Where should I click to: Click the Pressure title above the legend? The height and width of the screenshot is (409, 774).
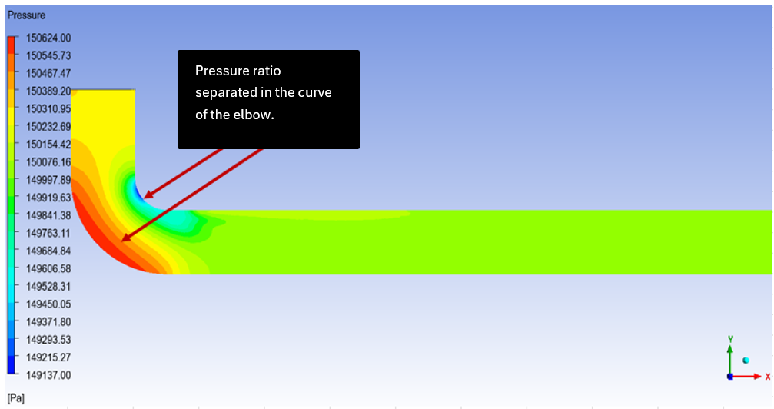(x=26, y=15)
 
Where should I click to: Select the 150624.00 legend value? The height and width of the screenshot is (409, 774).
(x=48, y=38)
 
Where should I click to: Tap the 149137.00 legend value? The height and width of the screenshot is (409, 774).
(x=48, y=375)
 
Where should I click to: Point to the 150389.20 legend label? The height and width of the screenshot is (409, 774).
(x=48, y=91)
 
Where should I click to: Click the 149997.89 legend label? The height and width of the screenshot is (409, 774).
(x=48, y=180)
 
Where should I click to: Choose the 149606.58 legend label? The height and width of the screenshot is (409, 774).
(x=48, y=269)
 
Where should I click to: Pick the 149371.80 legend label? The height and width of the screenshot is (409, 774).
(x=48, y=322)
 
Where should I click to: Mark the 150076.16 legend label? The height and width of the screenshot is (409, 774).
(x=48, y=162)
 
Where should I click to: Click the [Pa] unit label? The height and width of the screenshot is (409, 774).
(x=16, y=398)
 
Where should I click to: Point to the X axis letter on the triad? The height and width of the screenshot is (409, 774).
(x=768, y=377)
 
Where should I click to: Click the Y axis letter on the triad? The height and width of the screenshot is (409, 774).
(x=730, y=339)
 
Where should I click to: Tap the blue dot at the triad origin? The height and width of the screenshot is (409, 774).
(x=730, y=377)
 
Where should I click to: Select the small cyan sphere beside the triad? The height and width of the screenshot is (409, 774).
(x=746, y=361)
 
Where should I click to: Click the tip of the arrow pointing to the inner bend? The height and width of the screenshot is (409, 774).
(x=144, y=198)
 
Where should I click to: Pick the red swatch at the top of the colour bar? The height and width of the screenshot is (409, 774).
(x=11, y=45)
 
